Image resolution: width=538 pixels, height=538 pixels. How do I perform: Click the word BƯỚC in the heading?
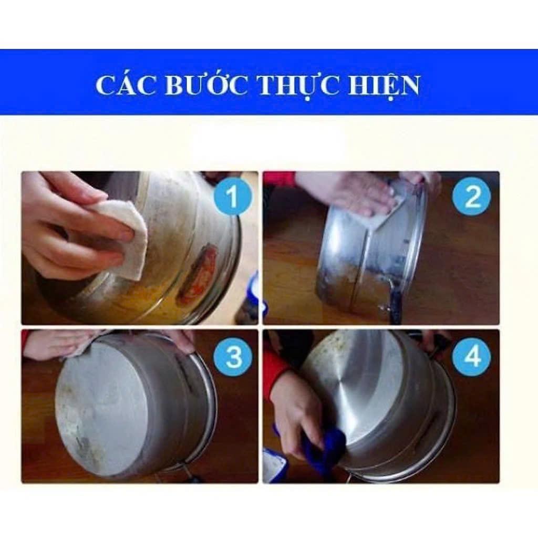[x=206, y=85]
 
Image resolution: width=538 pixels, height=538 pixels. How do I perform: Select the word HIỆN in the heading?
[x=384, y=85]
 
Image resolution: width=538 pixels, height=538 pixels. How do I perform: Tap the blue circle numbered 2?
[x=471, y=196]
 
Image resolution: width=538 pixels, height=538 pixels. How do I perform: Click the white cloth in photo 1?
[x=126, y=236]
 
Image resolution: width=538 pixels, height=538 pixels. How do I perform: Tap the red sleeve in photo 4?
[x=275, y=373]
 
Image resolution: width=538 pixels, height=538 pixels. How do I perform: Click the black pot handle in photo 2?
[x=395, y=305]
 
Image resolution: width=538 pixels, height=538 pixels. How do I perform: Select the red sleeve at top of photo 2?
[x=280, y=179]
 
